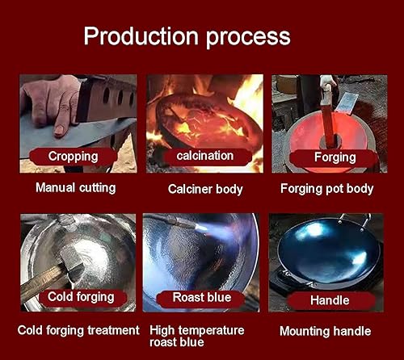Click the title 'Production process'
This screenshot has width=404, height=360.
(x=187, y=36)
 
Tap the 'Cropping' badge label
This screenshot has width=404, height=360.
(x=73, y=157)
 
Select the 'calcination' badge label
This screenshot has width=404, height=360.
(x=205, y=156)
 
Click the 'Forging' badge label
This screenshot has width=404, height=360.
(x=335, y=157)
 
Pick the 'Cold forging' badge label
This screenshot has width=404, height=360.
(x=81, y=297)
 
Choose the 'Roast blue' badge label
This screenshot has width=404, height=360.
(x=202, y=297)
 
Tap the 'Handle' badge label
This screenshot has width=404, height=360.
(x=330, y=300)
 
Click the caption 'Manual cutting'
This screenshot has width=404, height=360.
(x=76, y=187)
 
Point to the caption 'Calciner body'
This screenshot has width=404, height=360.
(x=205, y=189)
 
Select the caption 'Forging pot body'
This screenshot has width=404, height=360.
(x=326, y=189)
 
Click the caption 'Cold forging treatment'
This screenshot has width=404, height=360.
(x=78, y=330)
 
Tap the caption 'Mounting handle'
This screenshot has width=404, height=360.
(x=326, y=331)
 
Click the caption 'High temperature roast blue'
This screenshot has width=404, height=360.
(x=197, y=336)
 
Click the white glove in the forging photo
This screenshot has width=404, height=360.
(x=327, y=85)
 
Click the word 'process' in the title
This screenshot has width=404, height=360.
(x=249, y=38)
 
